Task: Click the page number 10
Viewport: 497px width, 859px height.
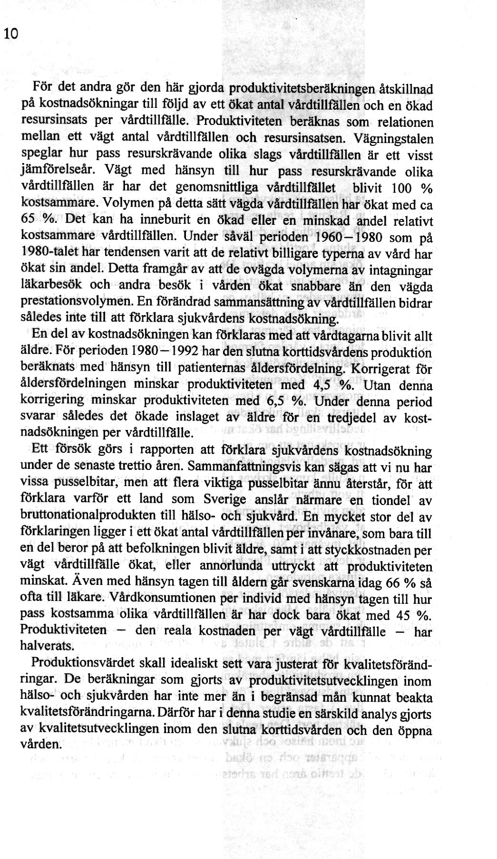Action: (10, 34)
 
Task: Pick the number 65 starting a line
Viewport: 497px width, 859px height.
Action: (30, 221)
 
